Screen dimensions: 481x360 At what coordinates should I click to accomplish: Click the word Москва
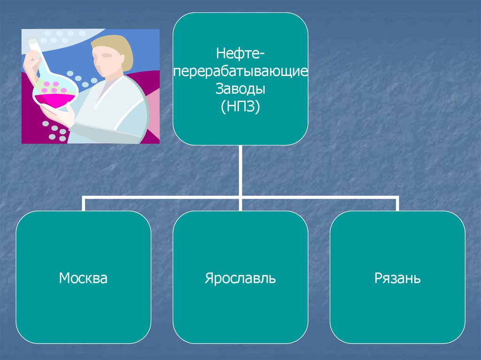click(83, 278)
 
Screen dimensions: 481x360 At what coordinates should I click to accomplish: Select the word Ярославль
click(240, 278)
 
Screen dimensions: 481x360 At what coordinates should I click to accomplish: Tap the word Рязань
click(397, 279)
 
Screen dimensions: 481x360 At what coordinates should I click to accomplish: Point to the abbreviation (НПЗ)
click(240, 106)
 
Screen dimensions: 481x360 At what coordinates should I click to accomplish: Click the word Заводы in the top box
click(240, 88)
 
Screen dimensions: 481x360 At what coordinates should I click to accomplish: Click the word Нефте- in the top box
click(240, 54)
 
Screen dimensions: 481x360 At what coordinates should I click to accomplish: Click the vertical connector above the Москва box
click(84, 204)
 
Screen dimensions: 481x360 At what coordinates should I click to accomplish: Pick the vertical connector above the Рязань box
click(397, 204)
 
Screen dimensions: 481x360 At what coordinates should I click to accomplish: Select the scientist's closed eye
click(108, 55)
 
